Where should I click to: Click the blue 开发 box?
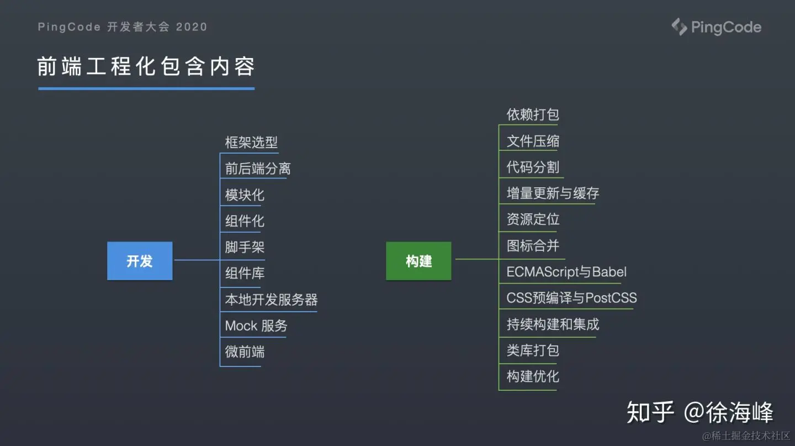point(140,261)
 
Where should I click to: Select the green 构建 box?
point(418,261)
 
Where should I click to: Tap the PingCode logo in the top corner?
point(716,27)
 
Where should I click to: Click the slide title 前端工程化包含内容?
point(146,67)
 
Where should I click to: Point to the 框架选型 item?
point(251,142)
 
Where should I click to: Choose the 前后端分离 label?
point(258,168)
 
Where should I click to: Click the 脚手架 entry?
point(245,247)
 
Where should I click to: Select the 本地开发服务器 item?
point(271,300)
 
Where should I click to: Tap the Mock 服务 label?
point(256,326)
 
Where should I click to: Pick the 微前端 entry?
point(245,351)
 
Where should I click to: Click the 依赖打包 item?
point(533,114)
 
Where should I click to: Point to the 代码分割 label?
point(533,167)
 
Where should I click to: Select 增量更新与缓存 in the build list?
point(553,193)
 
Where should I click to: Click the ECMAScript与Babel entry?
point(566,272)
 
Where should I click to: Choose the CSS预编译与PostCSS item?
point(571,298)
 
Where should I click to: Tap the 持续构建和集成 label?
point(553,324)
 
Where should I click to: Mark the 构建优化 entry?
point(533,376)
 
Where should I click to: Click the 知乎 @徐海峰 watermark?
point(699,412)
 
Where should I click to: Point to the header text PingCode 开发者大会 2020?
point(123,27)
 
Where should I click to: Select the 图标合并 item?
point(533,245)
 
